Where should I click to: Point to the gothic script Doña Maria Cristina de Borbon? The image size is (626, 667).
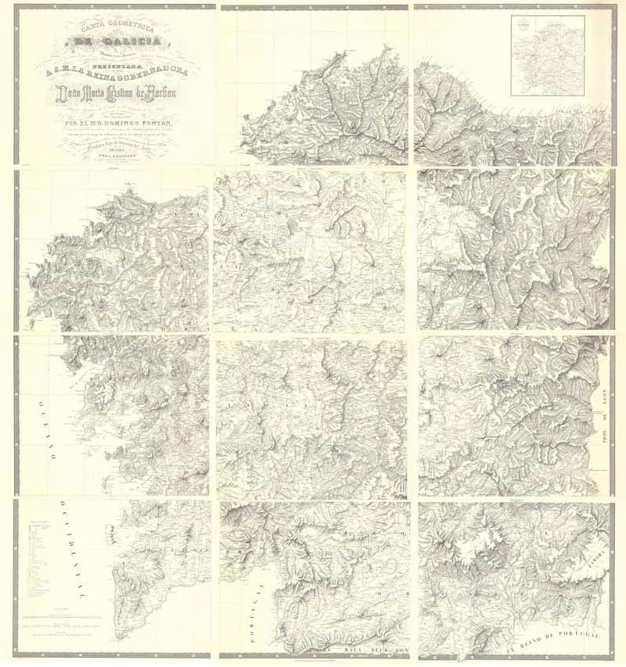click(x=116, y=98)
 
